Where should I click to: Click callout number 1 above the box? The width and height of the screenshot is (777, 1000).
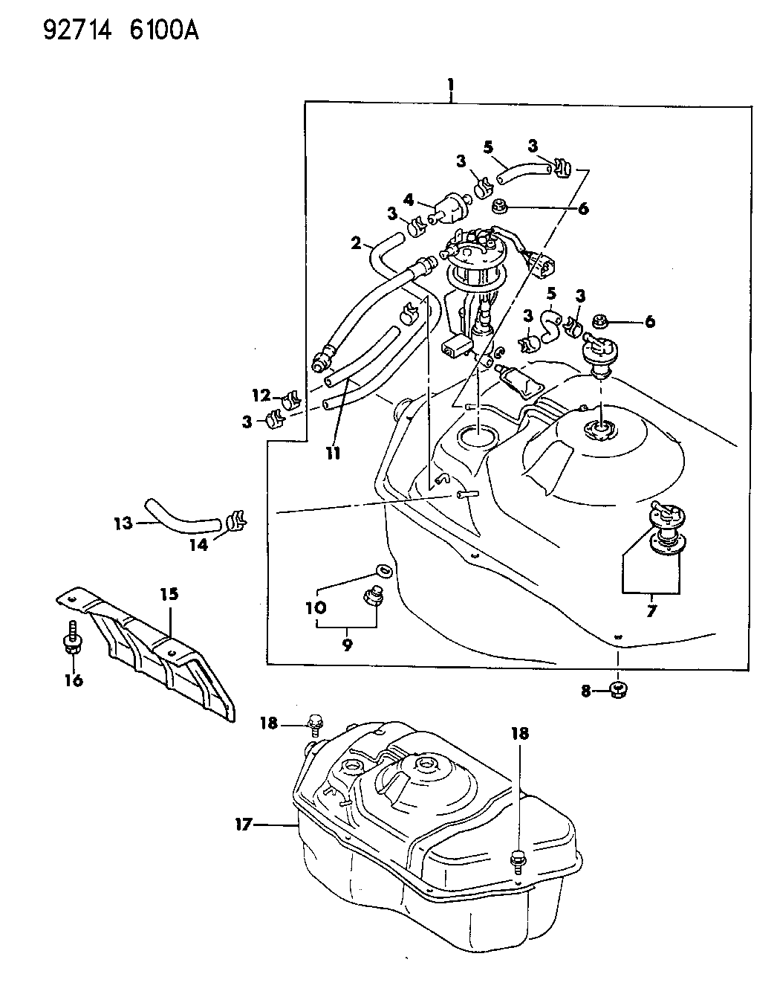(x=449, y=86)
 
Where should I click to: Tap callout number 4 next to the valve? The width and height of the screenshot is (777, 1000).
(x=408, y=199)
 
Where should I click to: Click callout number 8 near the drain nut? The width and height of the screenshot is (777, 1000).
(x=586, y=691)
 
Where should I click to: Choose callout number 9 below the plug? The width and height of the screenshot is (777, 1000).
(x=346, y=645)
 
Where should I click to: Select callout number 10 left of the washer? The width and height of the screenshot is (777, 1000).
(x=316, y=607)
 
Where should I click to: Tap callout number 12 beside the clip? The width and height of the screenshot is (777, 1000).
(x=259, y=395)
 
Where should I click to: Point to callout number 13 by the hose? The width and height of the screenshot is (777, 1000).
(x=123, y=523)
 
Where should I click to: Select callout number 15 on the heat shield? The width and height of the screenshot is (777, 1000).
(x=170, y=593)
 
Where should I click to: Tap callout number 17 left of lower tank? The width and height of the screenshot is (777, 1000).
(x=245, y=823)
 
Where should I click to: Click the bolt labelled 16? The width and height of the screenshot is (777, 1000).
(x=72, y=639)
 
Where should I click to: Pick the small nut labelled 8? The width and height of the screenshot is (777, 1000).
(x=617, y=691)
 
